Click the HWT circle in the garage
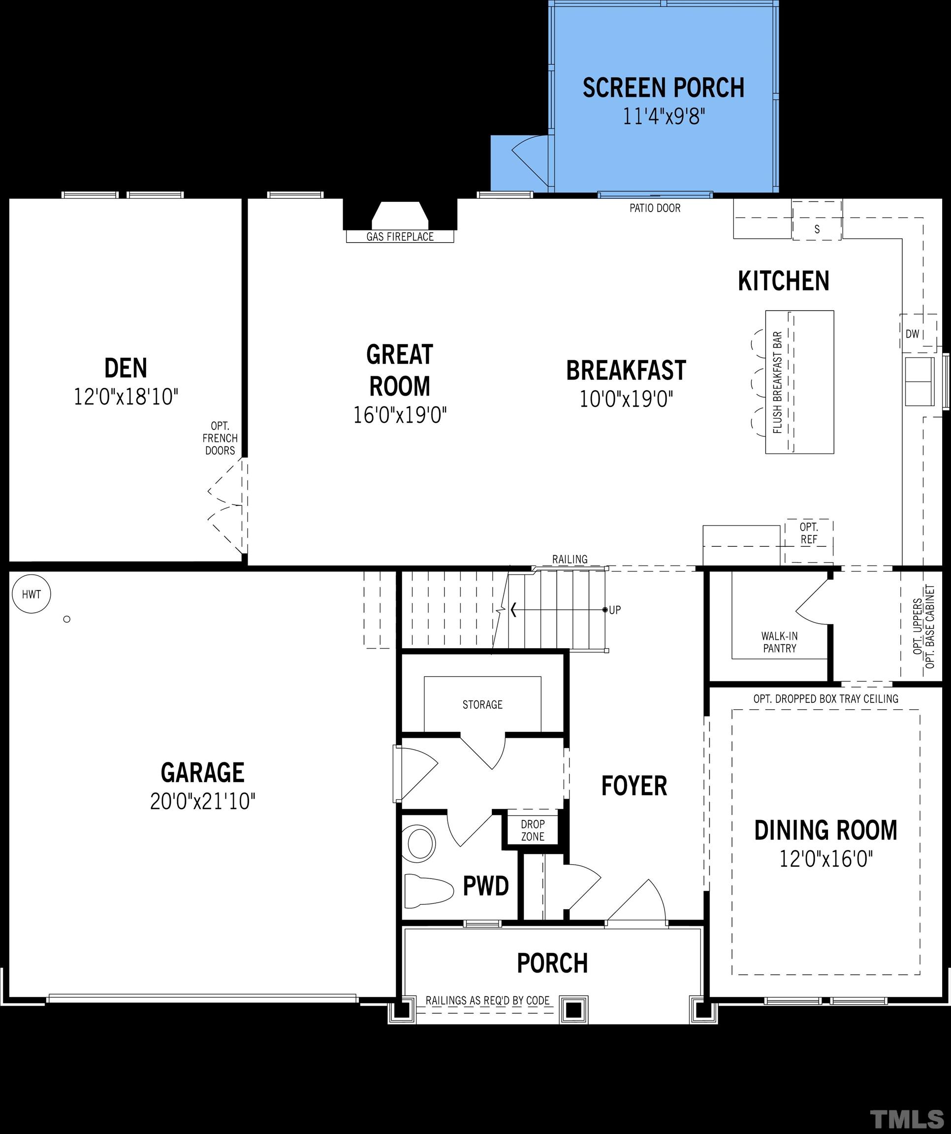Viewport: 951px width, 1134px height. pyautogui.click(x=32, y=594)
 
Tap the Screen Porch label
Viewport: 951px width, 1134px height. pyautogui.click(x=663, y=88)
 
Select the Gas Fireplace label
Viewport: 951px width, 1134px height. pyautogui.click(x=400, y=237)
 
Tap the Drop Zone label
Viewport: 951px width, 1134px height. pyautogui.click(x=533, y=830)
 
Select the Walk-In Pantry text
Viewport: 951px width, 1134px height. pyautogui.click(x=779, y=643)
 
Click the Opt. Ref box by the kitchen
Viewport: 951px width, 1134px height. pyautogui.click(x=808, y=533)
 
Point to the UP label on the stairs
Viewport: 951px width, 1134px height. pyautogui.click(x=615, y=610)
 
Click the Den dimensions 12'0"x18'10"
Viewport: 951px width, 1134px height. pyautogui.click(x=126, y=397)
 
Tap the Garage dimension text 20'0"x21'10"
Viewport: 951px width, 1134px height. pyautogui.click(x=202, y=801)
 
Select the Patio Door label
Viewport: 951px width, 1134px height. pyautogui.click(x=655, y=208)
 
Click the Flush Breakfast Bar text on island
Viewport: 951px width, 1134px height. pyautogui.click(x=778, y=382)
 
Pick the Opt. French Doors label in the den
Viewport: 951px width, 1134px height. pyautogui.click(x=220, y=438)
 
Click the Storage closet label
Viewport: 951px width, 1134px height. pyautogui.click(x=482, y=705)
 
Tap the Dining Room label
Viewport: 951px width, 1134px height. pyautogui.click(x=825, y=830)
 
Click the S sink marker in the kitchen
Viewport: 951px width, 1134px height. pyautogui.click(x=817, y=229)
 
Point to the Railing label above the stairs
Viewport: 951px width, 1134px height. pyautogui.click(x=570, y=560)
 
